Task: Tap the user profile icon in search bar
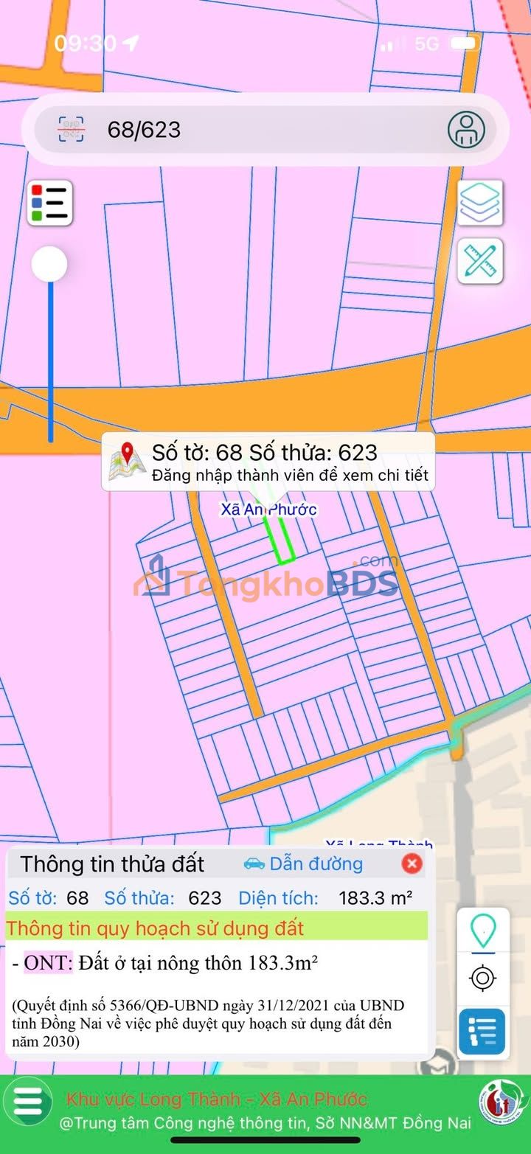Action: tap(466, 130)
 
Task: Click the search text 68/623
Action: tap(144, 130)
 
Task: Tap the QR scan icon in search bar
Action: tap(72, 130)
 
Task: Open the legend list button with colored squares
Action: tap(50, 203)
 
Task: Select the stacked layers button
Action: tap(480, 203)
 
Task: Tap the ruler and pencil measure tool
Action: tap(480, 261)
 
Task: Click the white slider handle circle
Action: tap(49, 264)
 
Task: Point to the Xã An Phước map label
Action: tap(269, 510)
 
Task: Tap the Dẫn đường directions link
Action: tap(303, 863)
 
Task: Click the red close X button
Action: tap(412, 863)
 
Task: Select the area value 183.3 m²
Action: tap(375, 898)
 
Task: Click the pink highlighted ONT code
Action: tap(49, 963)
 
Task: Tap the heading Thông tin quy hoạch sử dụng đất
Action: tap(155, 928)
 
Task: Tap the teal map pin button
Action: tap(482, 931)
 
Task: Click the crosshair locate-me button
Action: tap(482, 979)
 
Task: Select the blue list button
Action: tap(482, 1032)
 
